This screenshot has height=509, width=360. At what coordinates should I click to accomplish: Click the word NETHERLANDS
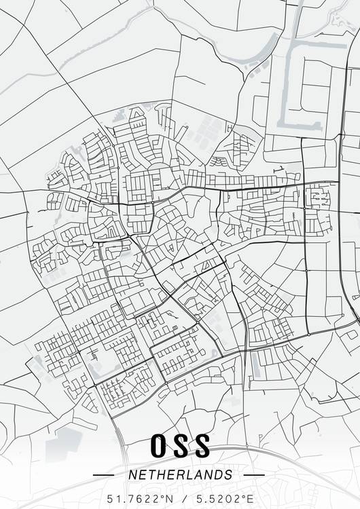pyautogui.click(x=180, y=475)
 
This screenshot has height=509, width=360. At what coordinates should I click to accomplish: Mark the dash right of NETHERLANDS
pyautogui.click(x=254, y=475)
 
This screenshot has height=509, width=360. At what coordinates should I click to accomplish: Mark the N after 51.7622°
pyautogui.click(x=170, y=499)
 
